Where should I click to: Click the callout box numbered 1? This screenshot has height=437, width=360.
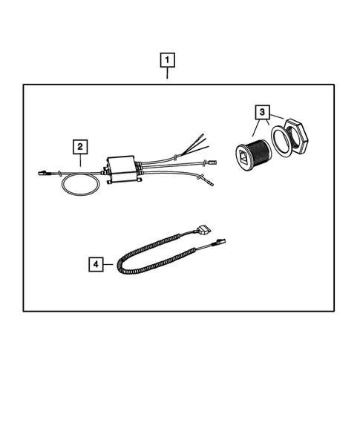click(168, 59)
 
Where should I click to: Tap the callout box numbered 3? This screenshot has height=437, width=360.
click(261, 113)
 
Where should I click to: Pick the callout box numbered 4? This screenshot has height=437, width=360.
click(96, 263)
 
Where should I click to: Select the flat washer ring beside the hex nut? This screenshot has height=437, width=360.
click(280, 140)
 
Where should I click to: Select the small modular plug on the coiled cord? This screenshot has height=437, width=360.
click(220, 242)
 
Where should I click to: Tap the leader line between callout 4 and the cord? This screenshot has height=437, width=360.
click(109, 264)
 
